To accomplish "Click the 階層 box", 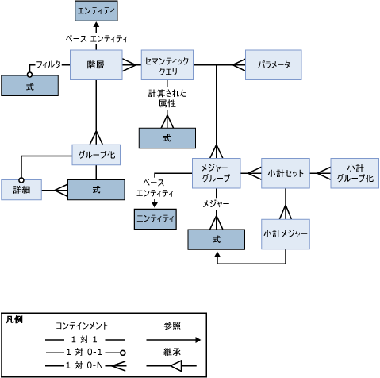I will coord(95,65).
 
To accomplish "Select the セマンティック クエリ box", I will coord(167,65).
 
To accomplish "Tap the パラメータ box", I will coord(273,64).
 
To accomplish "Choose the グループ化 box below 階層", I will coord(95,155).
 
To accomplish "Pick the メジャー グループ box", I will coord(216,172).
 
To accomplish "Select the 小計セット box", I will coord(284,172).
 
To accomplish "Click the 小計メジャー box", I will coord(286,235).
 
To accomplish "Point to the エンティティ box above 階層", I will coord(95,11).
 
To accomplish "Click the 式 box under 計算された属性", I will coord(167,137).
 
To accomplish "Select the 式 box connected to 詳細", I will coord(96,190).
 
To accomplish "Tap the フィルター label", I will coord(48,64).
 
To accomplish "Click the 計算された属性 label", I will coord(167,98).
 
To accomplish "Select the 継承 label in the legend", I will coord(172,352).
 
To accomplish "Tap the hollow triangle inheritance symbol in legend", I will coord(176,365).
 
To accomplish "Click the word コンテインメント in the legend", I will coord(82,326).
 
